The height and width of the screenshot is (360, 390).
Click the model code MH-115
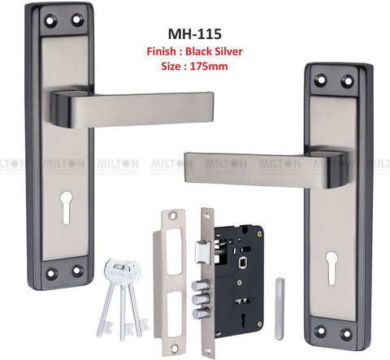click(195, 34)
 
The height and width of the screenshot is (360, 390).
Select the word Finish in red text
click(161, 51)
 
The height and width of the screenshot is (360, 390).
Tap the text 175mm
click(209, 67)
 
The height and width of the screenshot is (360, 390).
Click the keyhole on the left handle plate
click(67, 207)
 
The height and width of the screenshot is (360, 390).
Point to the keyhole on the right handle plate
click(331, 268)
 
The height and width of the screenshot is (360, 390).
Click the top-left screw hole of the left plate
click(50, 21)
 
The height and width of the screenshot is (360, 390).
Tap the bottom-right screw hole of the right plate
click(346, 334)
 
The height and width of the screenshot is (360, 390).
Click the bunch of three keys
click(123, 298)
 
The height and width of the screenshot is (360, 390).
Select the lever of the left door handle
click(132, 109)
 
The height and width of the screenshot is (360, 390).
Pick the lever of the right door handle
click(266, 170)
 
